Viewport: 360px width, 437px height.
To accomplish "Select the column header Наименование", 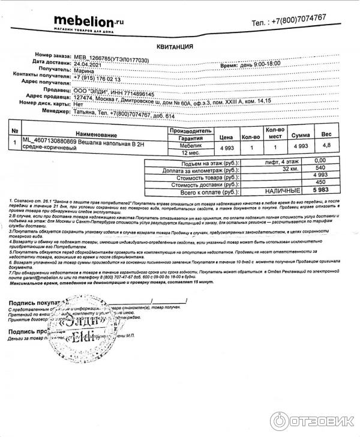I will click(96, 134).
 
